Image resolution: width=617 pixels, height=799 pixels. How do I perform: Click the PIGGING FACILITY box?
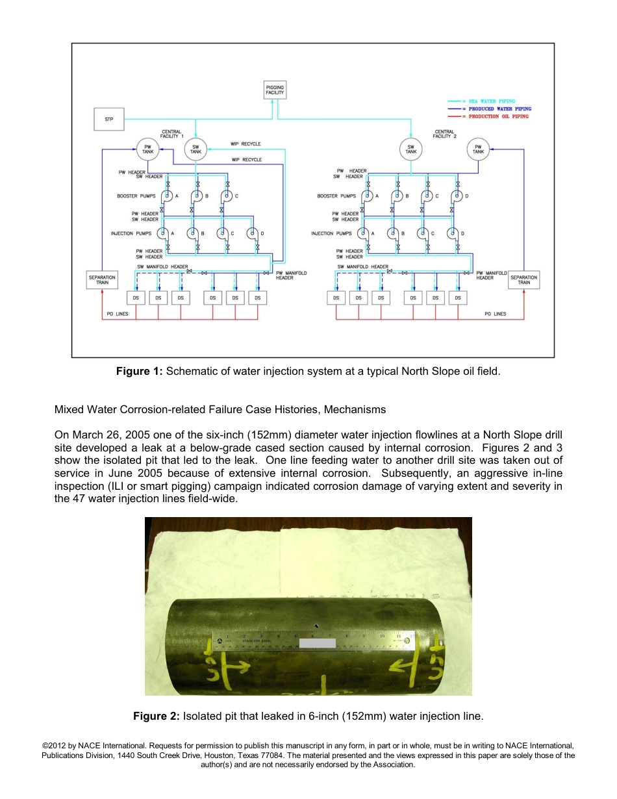275,90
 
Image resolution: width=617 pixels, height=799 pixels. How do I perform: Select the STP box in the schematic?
108,119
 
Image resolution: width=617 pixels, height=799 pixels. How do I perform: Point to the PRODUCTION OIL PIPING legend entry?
498,116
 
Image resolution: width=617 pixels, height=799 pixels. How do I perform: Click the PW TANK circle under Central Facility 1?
147,149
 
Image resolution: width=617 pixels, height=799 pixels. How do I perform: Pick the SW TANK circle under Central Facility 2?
411,149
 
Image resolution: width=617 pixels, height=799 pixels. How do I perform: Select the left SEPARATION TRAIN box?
101,280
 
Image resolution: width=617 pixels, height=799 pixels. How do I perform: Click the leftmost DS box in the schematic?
136,298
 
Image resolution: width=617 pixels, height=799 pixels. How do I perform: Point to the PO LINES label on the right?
495,314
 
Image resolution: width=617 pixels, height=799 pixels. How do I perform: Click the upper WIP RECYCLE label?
246,144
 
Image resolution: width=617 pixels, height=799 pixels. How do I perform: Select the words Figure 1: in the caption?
140,372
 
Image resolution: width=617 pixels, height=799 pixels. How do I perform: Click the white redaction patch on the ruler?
318,643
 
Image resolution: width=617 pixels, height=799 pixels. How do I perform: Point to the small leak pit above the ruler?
316,626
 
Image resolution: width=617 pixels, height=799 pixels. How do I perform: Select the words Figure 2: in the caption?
157,716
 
